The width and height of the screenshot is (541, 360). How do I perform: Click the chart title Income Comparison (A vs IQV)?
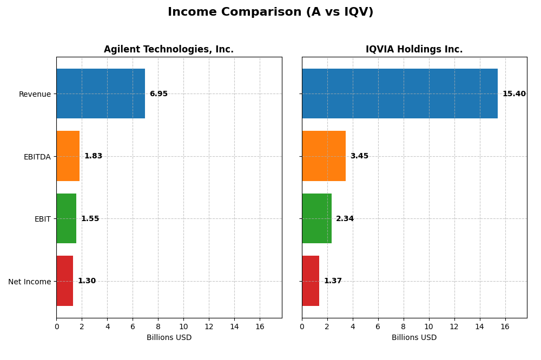270,12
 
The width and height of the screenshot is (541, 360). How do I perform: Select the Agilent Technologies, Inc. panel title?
169,49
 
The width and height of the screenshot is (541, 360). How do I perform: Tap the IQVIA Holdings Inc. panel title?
414,49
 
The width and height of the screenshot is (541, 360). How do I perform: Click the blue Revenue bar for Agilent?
101,94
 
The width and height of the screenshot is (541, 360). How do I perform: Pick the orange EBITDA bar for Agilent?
68,156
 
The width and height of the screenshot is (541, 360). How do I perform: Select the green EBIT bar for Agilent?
66,218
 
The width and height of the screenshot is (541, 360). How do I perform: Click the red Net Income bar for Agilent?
64,281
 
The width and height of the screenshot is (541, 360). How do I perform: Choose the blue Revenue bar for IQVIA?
399,94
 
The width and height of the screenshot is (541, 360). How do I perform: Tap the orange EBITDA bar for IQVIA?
324,156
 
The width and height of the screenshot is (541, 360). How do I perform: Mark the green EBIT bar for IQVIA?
316,218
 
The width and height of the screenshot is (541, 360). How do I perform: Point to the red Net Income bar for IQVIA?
311,281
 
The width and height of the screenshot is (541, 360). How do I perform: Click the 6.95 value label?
159,94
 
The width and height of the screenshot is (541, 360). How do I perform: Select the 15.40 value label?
514,94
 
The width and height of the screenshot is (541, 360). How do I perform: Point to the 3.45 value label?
359,156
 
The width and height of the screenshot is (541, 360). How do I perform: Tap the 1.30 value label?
87,281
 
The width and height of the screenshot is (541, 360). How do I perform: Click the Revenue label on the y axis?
35,94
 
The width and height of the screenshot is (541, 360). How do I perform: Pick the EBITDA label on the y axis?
37,157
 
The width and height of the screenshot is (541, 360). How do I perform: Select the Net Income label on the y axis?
29,282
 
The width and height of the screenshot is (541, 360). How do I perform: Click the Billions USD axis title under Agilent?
169,338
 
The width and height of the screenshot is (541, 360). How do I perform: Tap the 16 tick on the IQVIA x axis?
505,326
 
